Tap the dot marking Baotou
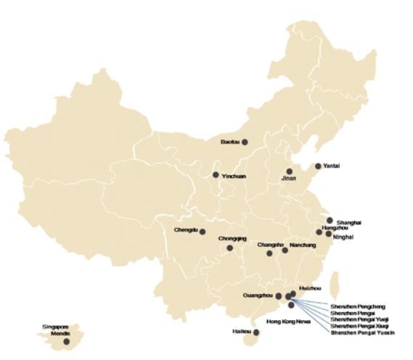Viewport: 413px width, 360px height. (x=245, y=142)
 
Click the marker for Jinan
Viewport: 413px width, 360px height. (x=290, y=171)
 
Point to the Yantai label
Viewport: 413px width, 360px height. (x=331, y=166)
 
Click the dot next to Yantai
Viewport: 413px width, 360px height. (x=317, y=166)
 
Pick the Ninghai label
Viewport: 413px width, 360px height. (x=343, y=234)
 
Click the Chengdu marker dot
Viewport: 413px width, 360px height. (x=203, y=232)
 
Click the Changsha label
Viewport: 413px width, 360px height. (x=270, y=245)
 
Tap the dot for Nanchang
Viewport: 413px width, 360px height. (x=285, y=250)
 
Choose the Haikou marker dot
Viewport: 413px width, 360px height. (x=255, y=333)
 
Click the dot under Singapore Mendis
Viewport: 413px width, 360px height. (x=66, y=341)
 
